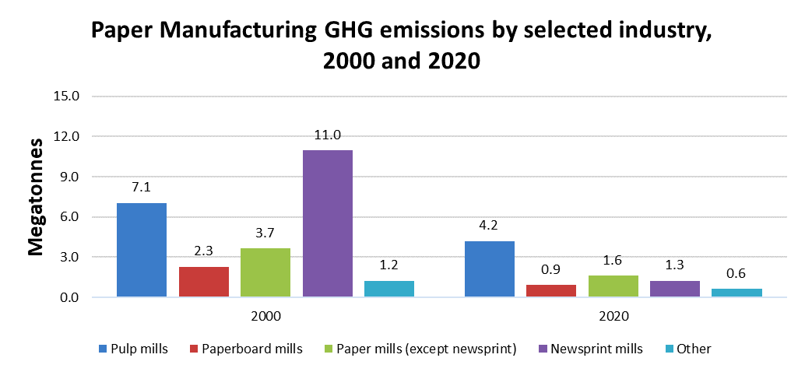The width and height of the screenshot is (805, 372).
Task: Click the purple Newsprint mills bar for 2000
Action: pos(328,223)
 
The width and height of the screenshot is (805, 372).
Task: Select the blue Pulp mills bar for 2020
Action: pos(489,268)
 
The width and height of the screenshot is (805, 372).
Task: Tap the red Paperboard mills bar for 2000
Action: pos(204,282)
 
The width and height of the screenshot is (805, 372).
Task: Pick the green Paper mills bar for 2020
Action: pos(613,286)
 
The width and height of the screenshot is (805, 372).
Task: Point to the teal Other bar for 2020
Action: pos(736,293)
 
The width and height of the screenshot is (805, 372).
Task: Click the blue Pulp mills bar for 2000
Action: pos(142,250)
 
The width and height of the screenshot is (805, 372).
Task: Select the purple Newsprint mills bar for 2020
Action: pos(675,289)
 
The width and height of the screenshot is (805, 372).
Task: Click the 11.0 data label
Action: pos(328,135)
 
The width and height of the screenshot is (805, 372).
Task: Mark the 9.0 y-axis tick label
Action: pos(69,177)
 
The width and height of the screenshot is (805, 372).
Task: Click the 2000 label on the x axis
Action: pos(265,317)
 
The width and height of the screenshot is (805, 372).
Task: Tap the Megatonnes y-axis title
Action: pos(36,197)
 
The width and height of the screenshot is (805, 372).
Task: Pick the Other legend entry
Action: pos(686,349)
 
